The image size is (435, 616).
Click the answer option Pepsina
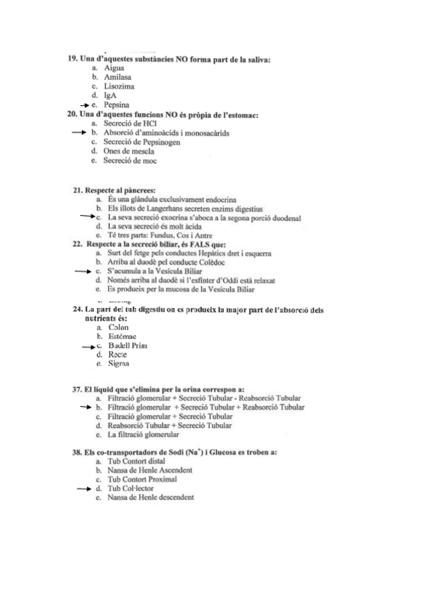pos(117,105)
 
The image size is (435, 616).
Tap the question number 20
pos(72,114)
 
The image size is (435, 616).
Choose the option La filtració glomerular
pos(142,434)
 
